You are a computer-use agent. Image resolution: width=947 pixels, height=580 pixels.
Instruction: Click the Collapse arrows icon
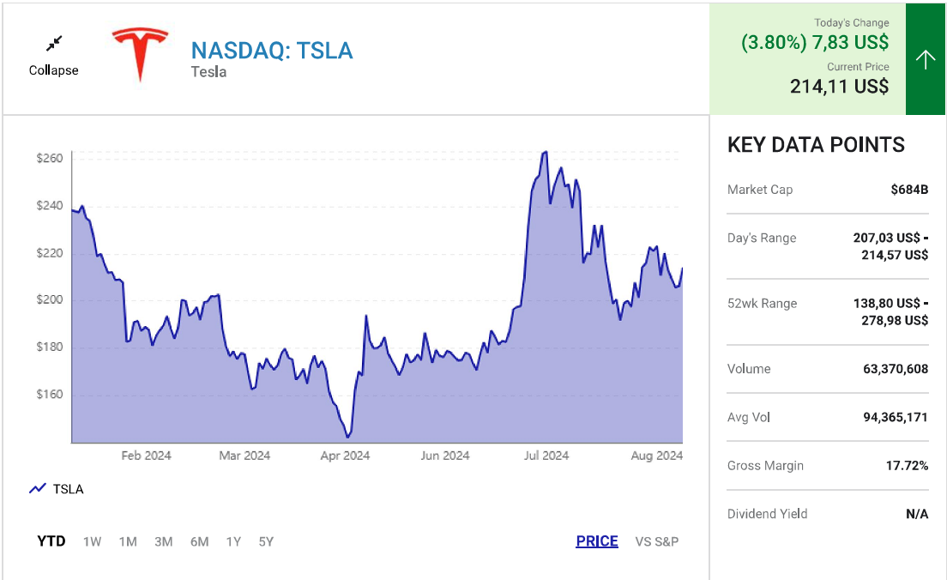pyautogui.click(x=54, y=43)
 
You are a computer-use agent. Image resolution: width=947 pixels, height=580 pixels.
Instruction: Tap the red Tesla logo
pyautogui.click(x=141, y=53)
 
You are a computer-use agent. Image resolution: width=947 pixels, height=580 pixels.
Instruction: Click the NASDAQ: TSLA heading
pyautogui.click(x=271, y=51)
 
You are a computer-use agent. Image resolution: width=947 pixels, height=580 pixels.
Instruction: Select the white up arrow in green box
pyautogui.click(x=925, y=59)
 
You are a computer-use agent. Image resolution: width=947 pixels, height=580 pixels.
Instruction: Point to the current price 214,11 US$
pyautogui.click(x=839, y=86)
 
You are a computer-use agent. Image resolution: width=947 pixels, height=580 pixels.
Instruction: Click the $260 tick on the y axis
pyautogui.click(x=50, y=159)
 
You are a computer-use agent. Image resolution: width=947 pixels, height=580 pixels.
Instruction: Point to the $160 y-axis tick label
pyautogui.click(x=50, y=395)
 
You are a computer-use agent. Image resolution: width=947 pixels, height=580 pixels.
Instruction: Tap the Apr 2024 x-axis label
pyautogui.click(x=345, y=456)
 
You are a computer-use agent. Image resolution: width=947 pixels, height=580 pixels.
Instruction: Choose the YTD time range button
pyautogui.click(x=51, y=541)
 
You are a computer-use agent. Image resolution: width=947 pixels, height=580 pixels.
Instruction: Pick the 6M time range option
pyautogui.click(x=199, y=541)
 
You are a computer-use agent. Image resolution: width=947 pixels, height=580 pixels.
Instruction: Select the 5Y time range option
pyautogui.click(x=266, y=541)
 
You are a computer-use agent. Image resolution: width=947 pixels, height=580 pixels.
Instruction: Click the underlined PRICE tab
pyautogui.click(x=597, y=541)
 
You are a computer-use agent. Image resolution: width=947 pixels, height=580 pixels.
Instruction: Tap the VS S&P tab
pyautogui.click(x=657, y=541)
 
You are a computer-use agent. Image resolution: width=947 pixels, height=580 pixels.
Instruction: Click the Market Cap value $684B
pyautogui.click(x=909, y=190)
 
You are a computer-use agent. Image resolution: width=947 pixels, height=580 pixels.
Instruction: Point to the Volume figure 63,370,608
pyautogui.click(x=896, y=369)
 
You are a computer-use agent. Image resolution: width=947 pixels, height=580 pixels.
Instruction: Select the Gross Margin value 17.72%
pyautogui.click(x=907, y=466)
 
